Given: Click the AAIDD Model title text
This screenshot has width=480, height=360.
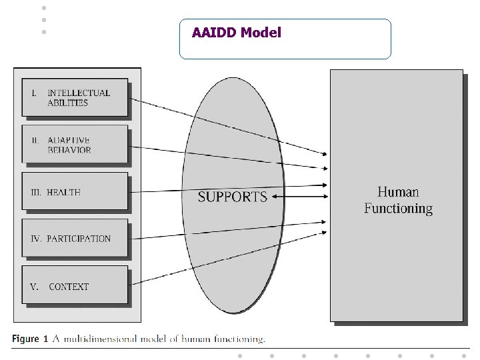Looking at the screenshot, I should point(237,32).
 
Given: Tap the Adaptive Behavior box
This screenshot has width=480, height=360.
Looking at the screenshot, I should point(75,144).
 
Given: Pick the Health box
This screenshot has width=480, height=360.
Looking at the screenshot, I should point(75,192).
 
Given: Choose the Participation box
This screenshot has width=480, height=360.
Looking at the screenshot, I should point(75,238).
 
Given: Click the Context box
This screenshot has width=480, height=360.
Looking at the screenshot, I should point(75,286).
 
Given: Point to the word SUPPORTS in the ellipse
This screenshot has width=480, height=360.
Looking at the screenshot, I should point(233,197).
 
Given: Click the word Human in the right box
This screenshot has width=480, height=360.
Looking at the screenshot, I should point(398,193).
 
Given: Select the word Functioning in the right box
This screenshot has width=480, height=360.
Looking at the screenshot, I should point(398,209).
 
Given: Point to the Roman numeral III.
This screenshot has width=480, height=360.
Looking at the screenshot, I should point(37,192).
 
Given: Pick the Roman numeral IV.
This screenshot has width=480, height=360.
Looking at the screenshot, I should point(36,239).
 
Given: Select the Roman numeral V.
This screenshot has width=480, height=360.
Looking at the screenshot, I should point(34,287).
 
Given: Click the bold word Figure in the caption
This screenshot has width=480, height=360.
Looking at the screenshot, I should point(25,339).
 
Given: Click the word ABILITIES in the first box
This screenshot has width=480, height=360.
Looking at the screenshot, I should point(68,103).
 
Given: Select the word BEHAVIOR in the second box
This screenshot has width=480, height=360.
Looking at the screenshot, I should point(69,150).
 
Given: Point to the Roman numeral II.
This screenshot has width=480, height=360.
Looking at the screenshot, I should point(35,140).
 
